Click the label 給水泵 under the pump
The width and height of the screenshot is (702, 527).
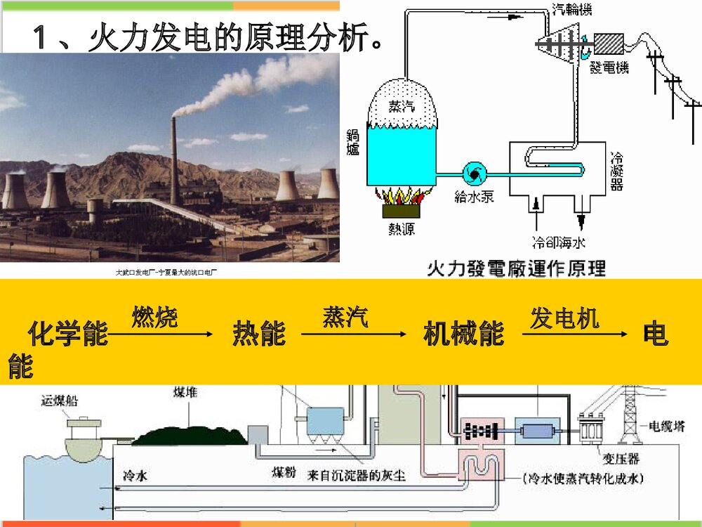[x=474, y=197]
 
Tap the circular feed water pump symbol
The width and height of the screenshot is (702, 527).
[x=472, y=173]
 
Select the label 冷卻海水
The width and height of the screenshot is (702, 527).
[x=559, y=243]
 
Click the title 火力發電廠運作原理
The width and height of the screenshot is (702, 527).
[x=516, y=268]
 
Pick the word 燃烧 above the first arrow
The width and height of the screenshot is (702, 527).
[x=154, y=318]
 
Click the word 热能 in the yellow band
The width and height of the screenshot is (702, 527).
[x=259, y=334]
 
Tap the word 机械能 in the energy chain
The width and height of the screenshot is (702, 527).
[x=464, y=334]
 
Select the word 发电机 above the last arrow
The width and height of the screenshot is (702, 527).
[x=564, y=318]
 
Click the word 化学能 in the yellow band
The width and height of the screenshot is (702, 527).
[x=68, y=334]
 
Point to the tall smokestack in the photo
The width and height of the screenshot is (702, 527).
[x=174, y=162]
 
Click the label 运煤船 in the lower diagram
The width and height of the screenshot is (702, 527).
[x=60, y=401]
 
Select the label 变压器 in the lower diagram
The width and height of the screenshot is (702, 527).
[x=621, y=460]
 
